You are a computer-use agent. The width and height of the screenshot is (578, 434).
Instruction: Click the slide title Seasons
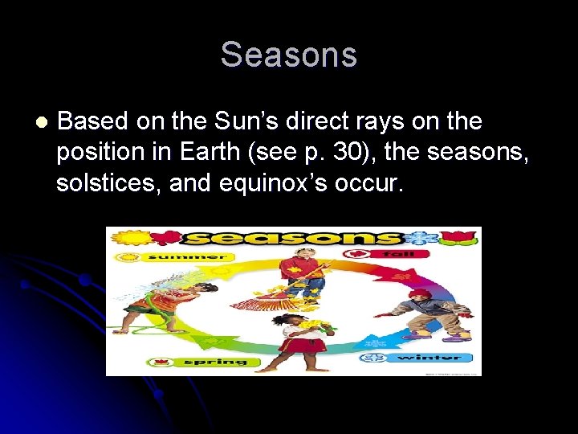[x=288, y=55]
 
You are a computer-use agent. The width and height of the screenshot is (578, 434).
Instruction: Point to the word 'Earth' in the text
[x=230, y=153]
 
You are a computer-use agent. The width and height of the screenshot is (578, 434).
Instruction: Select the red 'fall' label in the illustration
[x=390, y=252]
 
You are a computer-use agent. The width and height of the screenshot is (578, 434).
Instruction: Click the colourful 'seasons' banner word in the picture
[x=292, y=237]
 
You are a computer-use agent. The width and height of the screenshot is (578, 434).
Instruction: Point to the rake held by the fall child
[x=274, y=298]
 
